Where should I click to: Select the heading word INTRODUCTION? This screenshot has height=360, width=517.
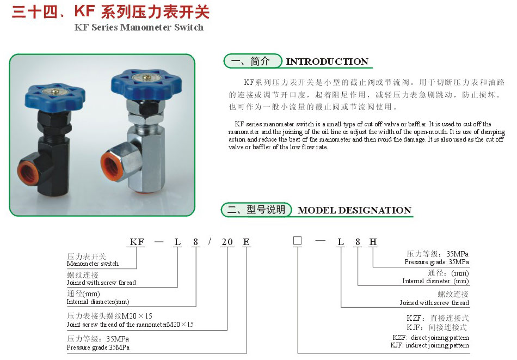coord(327,62)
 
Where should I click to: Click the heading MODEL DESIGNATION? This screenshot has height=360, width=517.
coord(354,210)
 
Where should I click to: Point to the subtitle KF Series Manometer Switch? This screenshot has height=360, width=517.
coord(139,27)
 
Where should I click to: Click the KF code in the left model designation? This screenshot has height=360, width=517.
coord(137,242)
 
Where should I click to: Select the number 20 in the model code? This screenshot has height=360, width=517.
coord(227,242)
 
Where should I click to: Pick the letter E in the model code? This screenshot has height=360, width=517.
coord(246,242)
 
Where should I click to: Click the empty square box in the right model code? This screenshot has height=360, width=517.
coord(297,241)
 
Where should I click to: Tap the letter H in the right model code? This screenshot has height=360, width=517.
coord(373,242)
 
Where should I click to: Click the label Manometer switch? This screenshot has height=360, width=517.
coord(93,264)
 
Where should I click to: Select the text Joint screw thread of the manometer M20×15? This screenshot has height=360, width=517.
coord(130,325)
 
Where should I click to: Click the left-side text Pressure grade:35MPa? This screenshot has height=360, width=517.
coord(98,347)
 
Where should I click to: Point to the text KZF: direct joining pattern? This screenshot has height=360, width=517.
coord(430,338)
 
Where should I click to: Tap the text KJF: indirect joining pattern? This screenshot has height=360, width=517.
coord(429,345)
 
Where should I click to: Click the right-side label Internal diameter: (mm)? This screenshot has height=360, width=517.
coord(435,281)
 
